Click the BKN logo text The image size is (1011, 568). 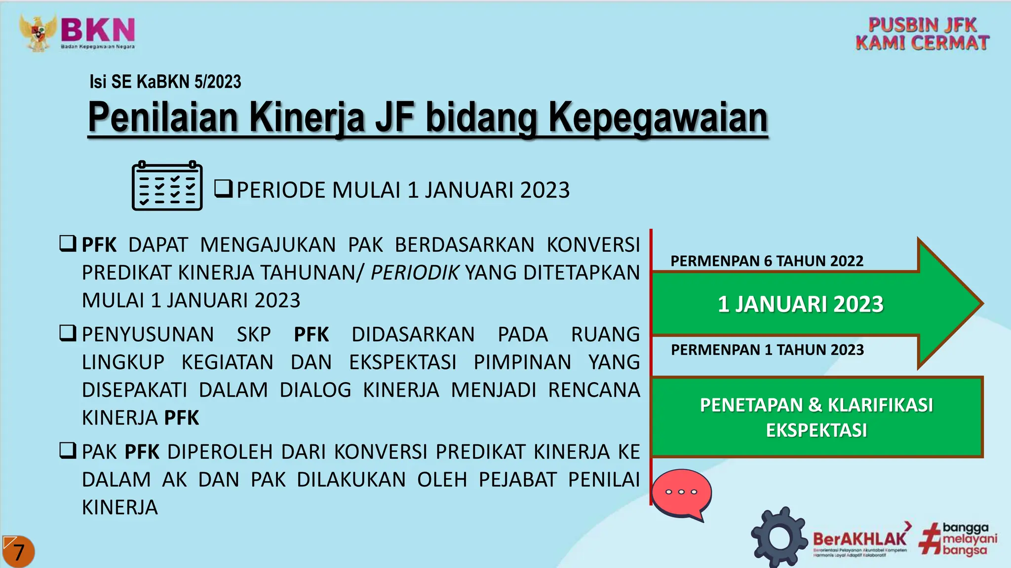[x=98, y=31]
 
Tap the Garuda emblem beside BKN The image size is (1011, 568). [x=39, y=33]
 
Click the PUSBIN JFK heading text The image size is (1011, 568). [x=922, y=25]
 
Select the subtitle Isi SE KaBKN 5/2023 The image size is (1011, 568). [x=165, y=82]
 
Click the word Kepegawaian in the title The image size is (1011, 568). [x=658, y=118]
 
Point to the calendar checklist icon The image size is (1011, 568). [x=167, y=186]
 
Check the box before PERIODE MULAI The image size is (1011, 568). [x=223, y=189]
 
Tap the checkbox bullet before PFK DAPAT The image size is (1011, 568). [x=68, y=244]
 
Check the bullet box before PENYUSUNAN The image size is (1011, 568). [x=68, y=333]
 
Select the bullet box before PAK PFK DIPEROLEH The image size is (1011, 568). [x=68, y=451]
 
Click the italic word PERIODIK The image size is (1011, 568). [x=415, y=273]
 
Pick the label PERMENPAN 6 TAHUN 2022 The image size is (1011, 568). [x=767, y=261]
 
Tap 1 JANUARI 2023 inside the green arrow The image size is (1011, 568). [x=800, y=304]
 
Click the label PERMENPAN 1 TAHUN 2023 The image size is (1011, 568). [x=767, y=350]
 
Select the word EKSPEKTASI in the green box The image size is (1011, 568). [x=817, y=430]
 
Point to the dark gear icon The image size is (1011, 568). [x=779, y=537]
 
